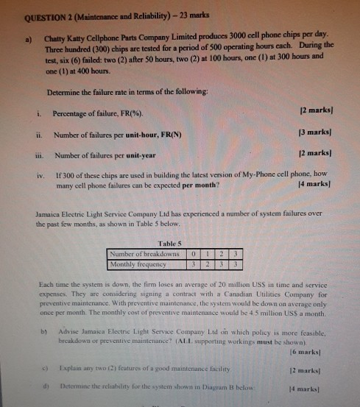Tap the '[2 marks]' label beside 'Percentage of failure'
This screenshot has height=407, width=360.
319,111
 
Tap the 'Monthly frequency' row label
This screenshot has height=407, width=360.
138,263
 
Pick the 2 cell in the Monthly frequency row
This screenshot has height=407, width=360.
207,263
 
